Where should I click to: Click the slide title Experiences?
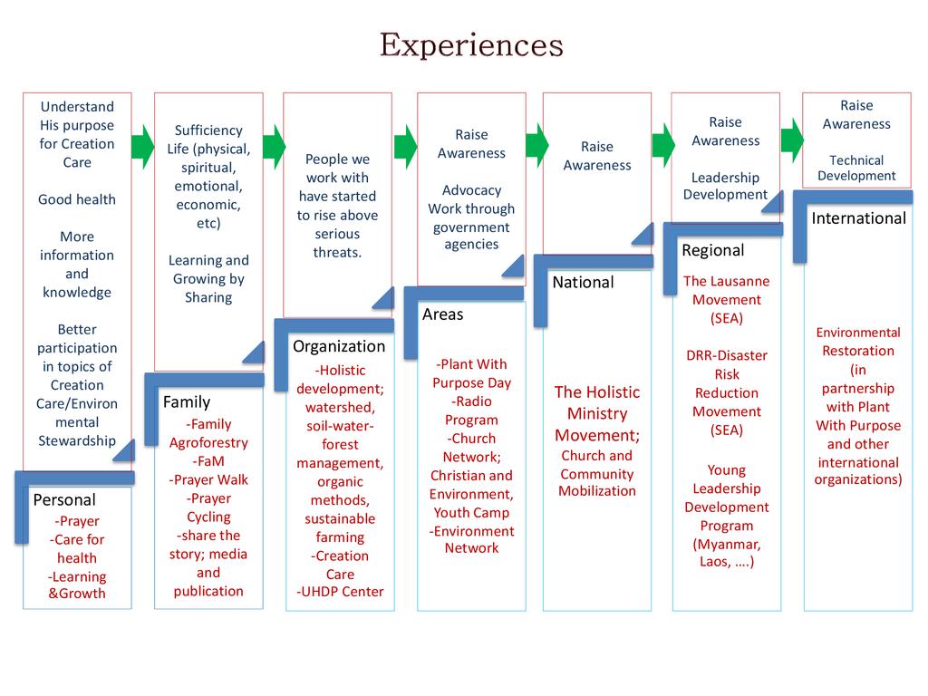[470, 44]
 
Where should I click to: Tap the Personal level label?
[64, 499]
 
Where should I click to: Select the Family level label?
[186, 401]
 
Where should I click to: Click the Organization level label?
[339, 345]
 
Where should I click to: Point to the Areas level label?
[442, 314]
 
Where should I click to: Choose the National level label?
[583, 282]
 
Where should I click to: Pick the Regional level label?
[712, 250]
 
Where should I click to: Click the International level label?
[858, 217]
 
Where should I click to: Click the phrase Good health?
[77, 199]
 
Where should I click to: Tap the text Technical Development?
[856, 168]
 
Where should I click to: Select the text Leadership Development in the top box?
[725, 186]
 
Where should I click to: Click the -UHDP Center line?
[340, 592]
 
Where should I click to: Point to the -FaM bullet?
[208, 461]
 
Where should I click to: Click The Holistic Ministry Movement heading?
[596, 413]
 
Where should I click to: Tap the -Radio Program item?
[471, 411]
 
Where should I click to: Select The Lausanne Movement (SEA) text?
[726, 299]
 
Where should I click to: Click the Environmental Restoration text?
[857, 342]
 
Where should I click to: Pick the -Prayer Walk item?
[208, 479]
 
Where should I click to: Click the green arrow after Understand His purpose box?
[142, 146]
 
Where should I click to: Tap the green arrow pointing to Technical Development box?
[792, 139]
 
